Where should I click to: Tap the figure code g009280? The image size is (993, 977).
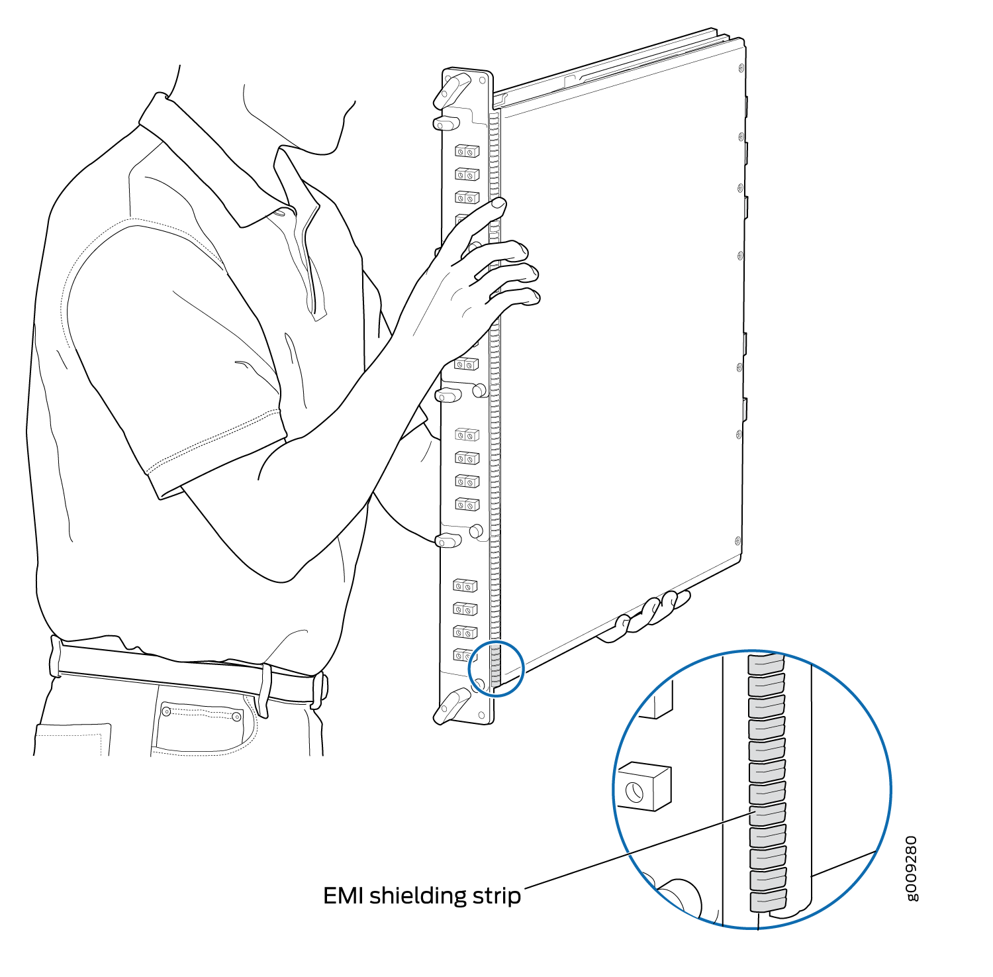pyautogui.click(x=912, y=868)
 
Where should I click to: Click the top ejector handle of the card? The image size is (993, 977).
pyautogui.click(x=451, y=91)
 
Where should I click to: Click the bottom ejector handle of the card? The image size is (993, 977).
pyautogui.click(x=451, y=706)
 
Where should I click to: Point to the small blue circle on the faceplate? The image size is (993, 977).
pyautogui.click(x=496, y=668)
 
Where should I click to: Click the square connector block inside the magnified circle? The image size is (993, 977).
pyautogui.click(x=644, y=786)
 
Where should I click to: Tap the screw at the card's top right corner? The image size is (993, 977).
pyautogui.click(x=739, y=67)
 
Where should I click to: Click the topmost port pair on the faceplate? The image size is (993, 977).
pyautogui.click(x=467, y=152)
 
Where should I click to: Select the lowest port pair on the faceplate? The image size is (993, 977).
pyautogui.click(x=465, y=654)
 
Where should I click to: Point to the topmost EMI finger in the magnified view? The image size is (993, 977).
pyautogui.click(x=766, y=662)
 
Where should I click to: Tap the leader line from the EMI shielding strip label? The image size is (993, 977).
pyautogui.click(x=636, y=850)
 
